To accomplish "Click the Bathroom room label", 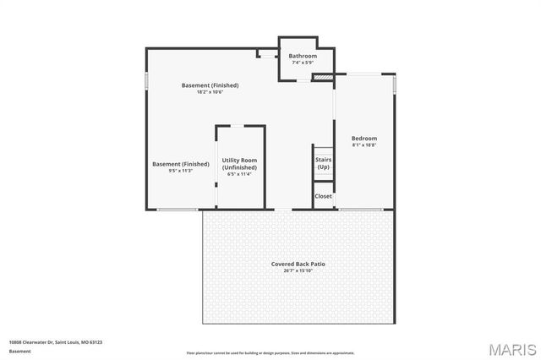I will click(x=303, y=56).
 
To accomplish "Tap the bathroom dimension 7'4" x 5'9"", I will click(x=303, y=63).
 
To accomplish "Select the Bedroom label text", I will click(x=364, y=139).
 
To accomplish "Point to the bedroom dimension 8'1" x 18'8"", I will click(x=364, y=145).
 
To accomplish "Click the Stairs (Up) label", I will click(x=323, y=163).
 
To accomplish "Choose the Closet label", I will click(x=323, y=196).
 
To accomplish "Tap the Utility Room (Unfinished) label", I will click(x=239, y=164).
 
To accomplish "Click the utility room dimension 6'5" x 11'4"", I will click(x=239, y=175).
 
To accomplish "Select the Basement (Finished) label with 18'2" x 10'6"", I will click(x=210, y=85).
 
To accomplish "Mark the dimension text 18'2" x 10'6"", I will click(x=210, y=92).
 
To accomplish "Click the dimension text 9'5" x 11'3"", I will click(x=181, y=171).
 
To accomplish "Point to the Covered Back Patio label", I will click(x=298, y=265).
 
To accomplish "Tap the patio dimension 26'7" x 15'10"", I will click(x=298, y=271).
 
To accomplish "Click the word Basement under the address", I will click(x=19, y=350).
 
